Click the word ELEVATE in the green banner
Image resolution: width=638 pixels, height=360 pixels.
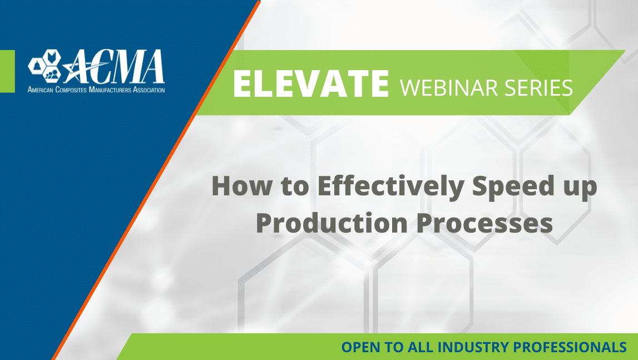(311, 83)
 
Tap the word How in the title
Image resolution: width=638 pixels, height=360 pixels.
(242, 186)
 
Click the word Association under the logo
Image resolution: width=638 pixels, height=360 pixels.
(149, 90)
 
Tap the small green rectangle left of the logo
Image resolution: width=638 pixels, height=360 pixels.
(7, 71)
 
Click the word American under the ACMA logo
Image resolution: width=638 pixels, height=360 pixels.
(40, 90)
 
